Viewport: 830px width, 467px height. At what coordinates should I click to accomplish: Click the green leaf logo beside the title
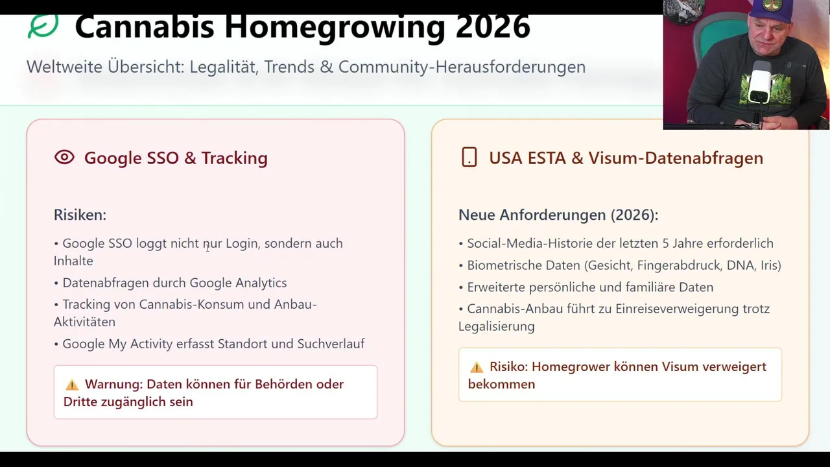pyautogui.click(x=43, y=26)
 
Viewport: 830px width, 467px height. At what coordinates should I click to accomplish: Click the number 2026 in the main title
pyautogui.click(x=493, y=27)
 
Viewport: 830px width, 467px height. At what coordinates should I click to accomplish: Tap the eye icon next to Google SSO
pyautogui.click(x=64, y=157)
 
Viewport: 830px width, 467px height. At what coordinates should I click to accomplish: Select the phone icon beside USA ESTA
pyautogui.click(x=469, y=157)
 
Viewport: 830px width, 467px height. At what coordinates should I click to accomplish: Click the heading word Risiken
pyautogui.click(x=80, y=215)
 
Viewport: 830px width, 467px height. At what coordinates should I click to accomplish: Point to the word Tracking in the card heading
pyautogui.click(x=235, y=158)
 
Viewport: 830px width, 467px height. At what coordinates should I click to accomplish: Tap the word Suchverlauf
pyautogui.click(x=331, y=344)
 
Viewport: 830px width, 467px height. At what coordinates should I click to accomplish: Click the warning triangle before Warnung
pyautogui.click(x=72, y=385)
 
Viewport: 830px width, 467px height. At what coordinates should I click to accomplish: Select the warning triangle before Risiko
pyautogui.click(x=477, y=367)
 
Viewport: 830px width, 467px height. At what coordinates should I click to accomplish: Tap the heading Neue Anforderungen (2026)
pyautogui.click(x=558, y=215)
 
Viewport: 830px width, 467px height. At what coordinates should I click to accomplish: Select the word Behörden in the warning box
pyautogui.click(x=283, y=384)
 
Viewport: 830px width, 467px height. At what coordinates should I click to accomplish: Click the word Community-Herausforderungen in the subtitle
pyautogui.click(x=462, y=67)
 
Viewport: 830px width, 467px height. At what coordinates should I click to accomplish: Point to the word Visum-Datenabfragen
pyautogui.click(x=676, y=158)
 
